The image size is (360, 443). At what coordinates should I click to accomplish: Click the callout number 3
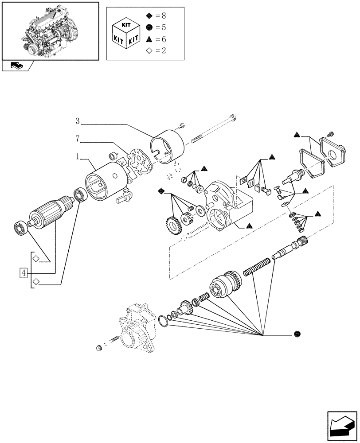tap(77, 120)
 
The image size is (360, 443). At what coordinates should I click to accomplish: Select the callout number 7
tap(77, 139)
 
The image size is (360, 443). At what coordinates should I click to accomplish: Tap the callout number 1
tap(77, 157)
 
